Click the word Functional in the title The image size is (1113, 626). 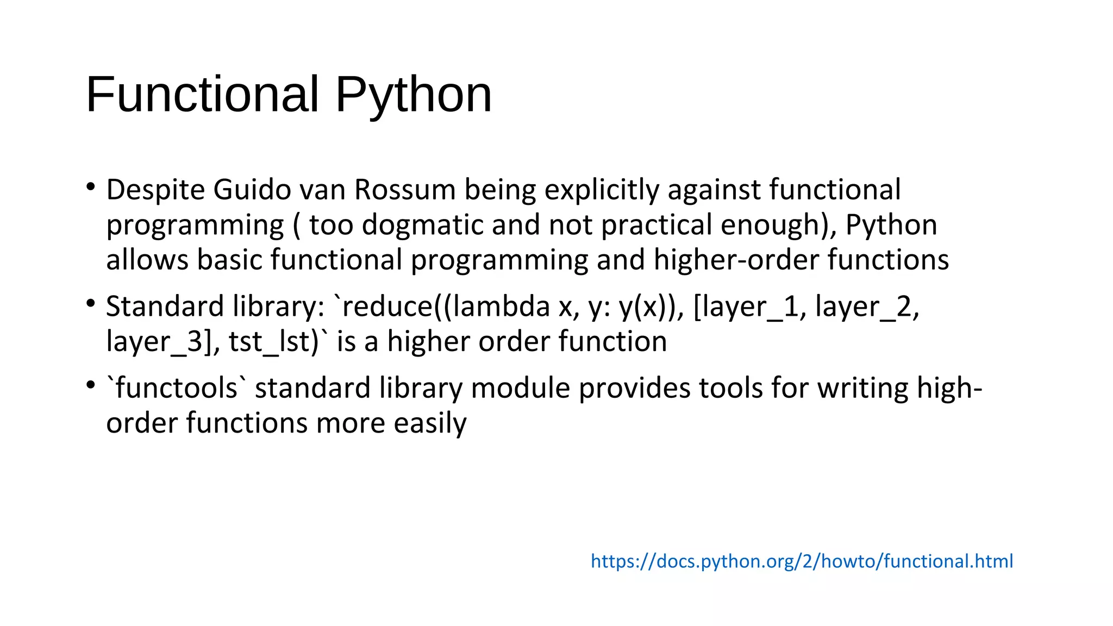(202, 95)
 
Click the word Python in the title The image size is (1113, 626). (413, 96)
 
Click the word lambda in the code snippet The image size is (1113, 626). (501, 306)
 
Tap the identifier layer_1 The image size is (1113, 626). (752, 306)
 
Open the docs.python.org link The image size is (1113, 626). (802, 561)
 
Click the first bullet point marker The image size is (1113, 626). (91, 187)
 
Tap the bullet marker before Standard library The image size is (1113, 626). (91, 303)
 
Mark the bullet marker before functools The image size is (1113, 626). (91, 385)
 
